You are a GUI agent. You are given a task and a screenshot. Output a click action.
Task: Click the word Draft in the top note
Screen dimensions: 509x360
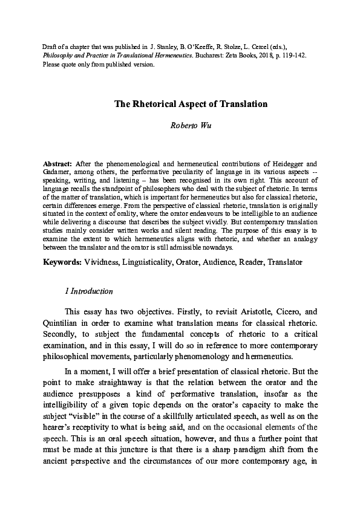(49, 46)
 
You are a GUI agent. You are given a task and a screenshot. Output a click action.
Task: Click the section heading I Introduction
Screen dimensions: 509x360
(88, 291)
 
